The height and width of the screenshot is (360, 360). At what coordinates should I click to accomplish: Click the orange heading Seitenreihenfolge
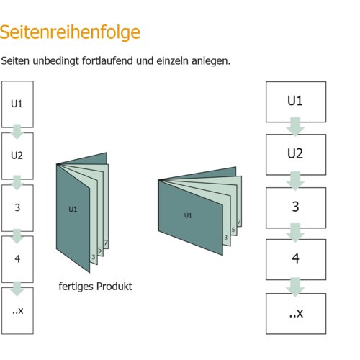point(70,32)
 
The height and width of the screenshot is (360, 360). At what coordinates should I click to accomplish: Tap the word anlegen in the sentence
point(211,61)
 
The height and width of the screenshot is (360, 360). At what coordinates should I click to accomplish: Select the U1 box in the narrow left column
point(17,104)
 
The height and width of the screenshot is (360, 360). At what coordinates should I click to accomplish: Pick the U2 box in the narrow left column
point(17,156)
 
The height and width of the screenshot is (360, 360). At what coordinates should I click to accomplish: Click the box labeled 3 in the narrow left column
point(17,208)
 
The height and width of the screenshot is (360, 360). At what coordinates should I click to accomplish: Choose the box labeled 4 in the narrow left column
point(17,259)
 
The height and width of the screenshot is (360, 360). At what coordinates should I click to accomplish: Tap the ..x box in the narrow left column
point(17,311)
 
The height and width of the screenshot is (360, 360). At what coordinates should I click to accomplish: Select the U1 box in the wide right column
point(296,102)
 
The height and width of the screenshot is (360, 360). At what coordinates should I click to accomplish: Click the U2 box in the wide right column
point(296,155)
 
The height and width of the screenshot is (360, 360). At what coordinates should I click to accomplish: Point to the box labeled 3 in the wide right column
point(296,208)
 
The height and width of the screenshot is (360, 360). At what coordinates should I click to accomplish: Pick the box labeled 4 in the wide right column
point(296,259)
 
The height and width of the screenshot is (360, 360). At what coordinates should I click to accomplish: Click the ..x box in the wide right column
point(296,314)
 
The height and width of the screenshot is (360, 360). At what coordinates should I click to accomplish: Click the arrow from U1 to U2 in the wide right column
point(295,127)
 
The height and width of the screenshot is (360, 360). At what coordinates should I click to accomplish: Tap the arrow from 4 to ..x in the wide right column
point(295,287)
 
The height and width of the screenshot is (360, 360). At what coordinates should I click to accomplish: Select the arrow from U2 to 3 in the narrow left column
point(17,183)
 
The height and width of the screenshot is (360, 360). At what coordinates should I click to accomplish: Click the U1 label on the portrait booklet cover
point(73,210)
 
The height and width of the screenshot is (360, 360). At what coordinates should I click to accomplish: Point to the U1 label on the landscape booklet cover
point(188,215)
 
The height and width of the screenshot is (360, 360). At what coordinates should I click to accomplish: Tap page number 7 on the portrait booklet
point(106,243)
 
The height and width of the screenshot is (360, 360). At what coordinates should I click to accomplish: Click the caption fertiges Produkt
point(95,287)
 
